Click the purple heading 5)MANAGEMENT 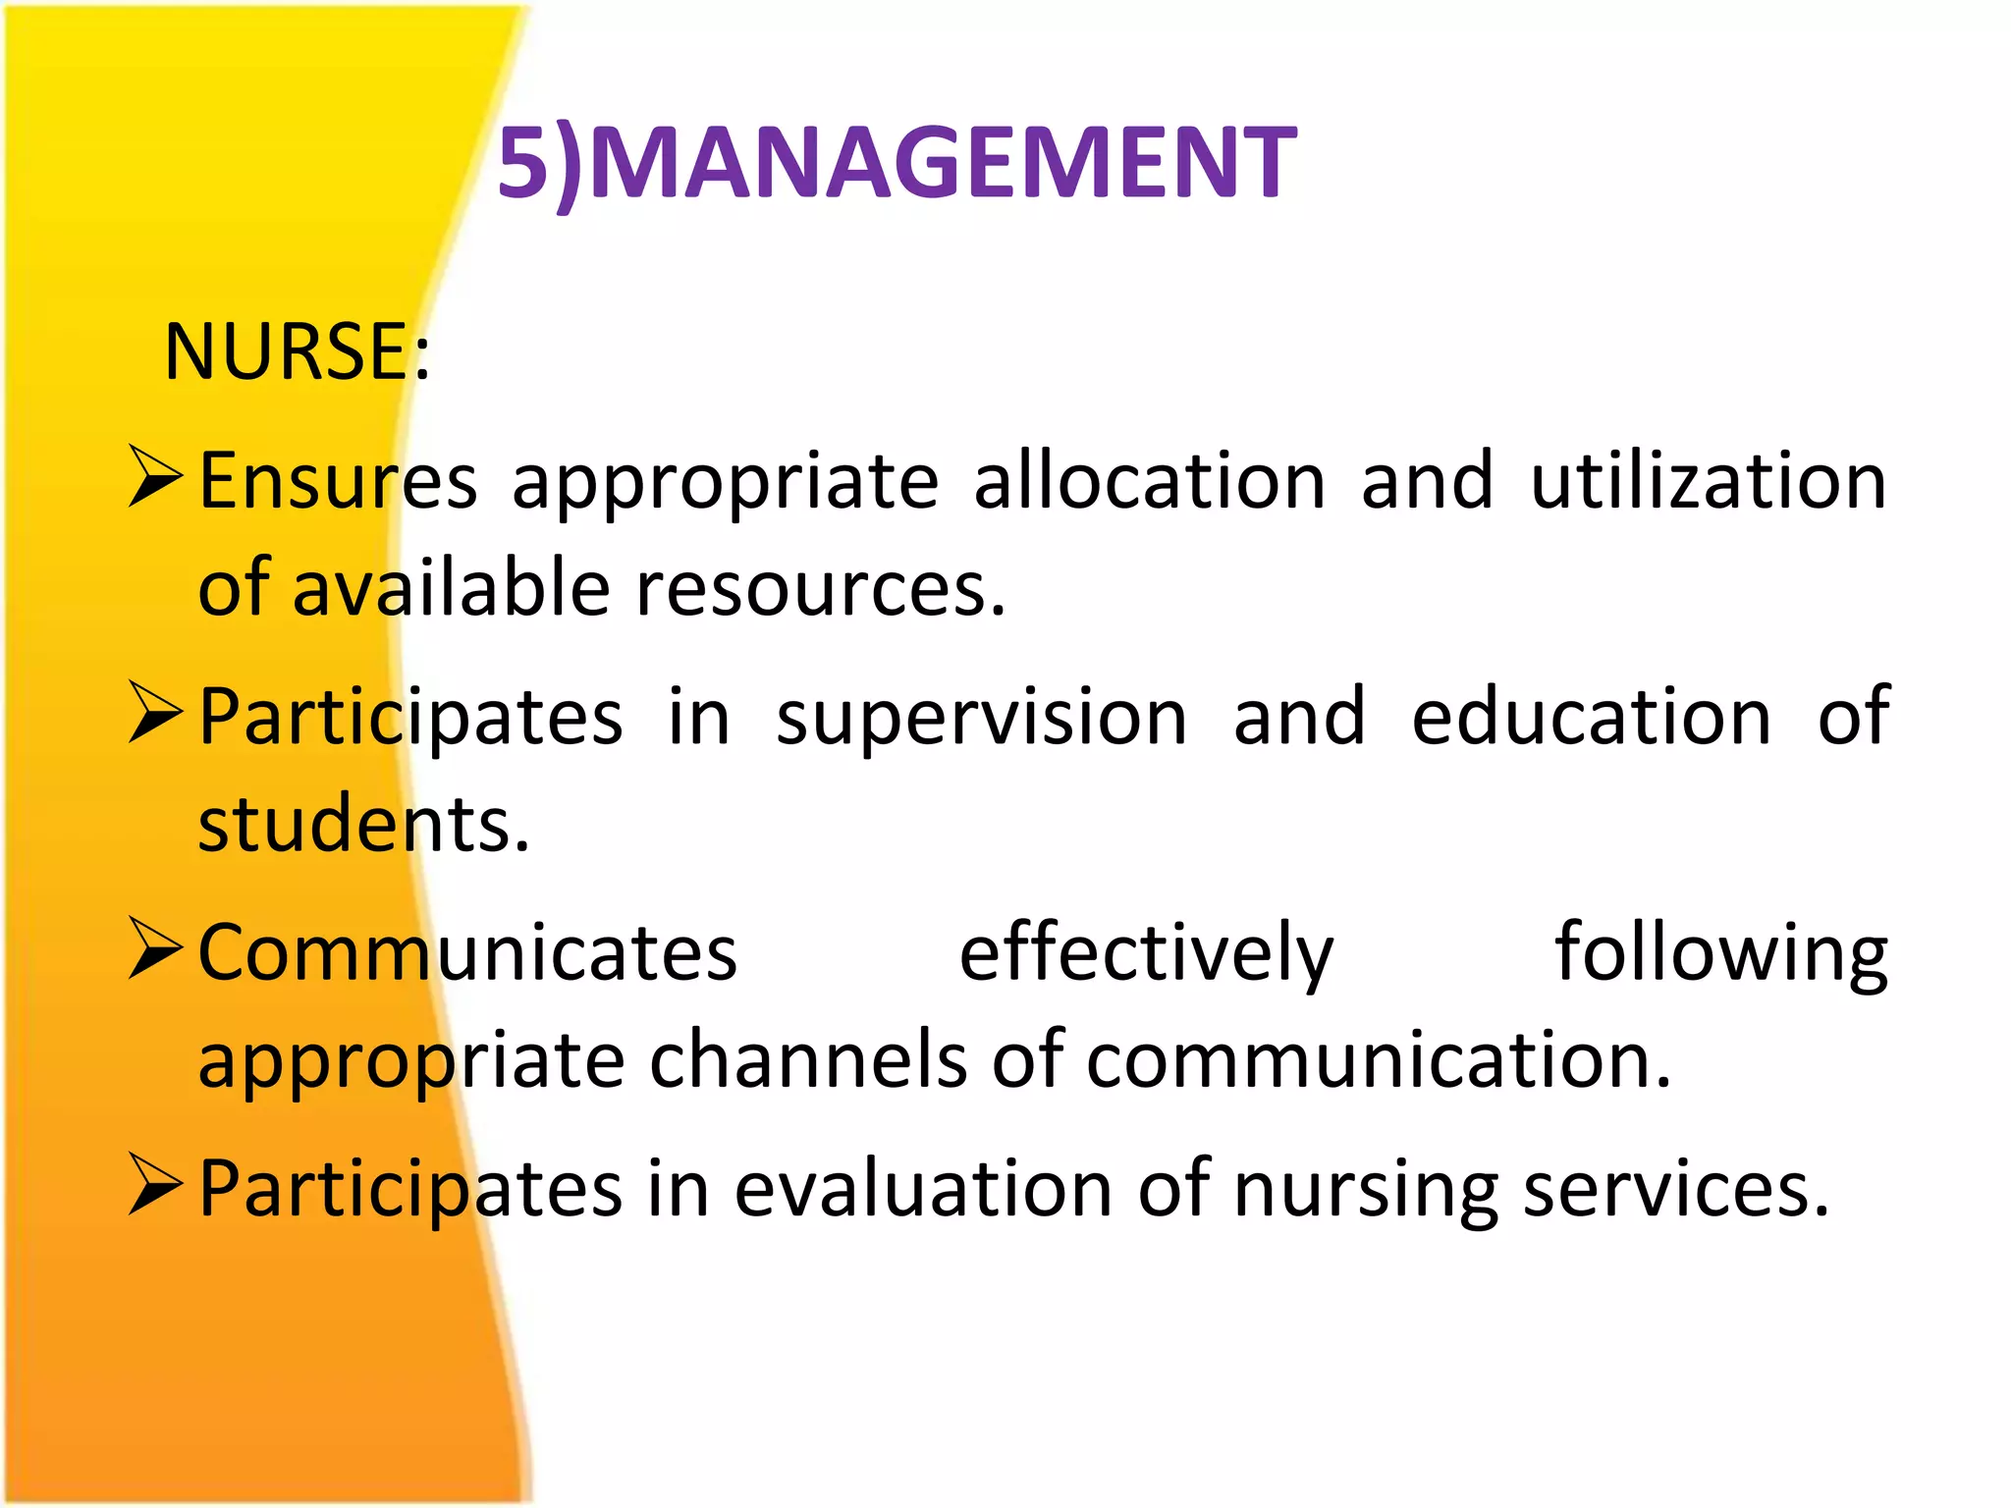896,163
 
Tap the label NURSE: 297,351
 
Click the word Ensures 338,481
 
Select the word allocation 1149,481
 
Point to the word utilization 1709,481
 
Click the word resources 821,589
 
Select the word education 1591,717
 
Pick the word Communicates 467,952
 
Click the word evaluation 923,1189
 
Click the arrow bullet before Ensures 155,477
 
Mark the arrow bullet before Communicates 155,949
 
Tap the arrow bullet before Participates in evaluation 155,1185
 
